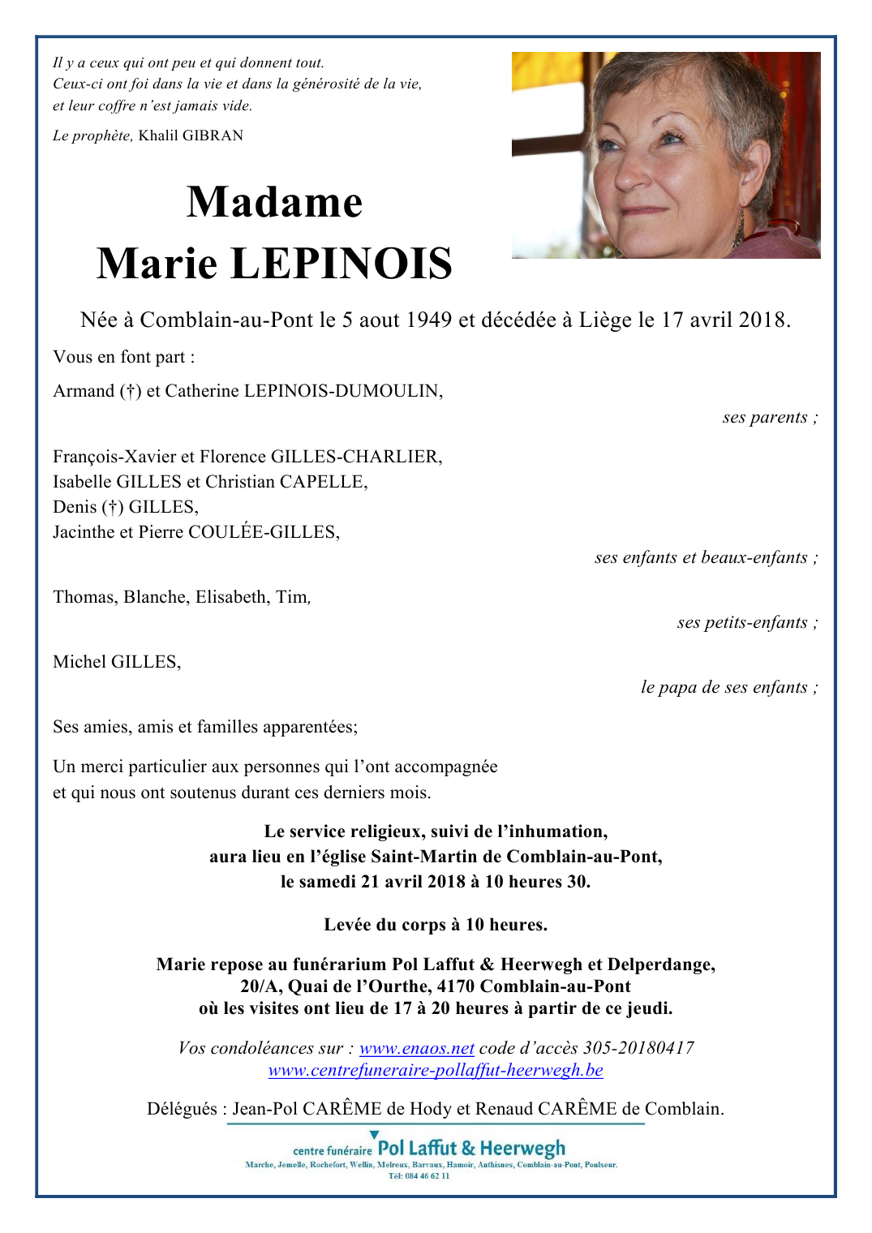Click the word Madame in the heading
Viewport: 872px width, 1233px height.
[x=274, y=202]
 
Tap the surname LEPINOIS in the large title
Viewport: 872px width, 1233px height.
[x=341, y=264]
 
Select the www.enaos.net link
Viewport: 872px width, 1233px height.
[x=416, y=1048]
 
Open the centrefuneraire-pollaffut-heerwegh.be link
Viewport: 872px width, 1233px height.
[x=436, y=1070]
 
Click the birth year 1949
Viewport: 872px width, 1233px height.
[x=428, y=320]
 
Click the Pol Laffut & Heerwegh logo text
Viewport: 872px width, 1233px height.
[x=471, y=1149]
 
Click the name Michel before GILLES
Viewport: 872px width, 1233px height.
[x=79, y=662]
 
